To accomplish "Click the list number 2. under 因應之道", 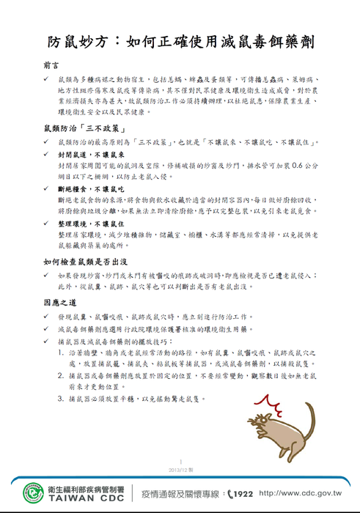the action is tap(60, 375).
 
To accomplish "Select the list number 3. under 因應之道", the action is tap(60, 399).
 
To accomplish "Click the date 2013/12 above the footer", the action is tap(180, 468).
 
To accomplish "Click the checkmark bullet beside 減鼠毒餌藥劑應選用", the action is tap(46, 330).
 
